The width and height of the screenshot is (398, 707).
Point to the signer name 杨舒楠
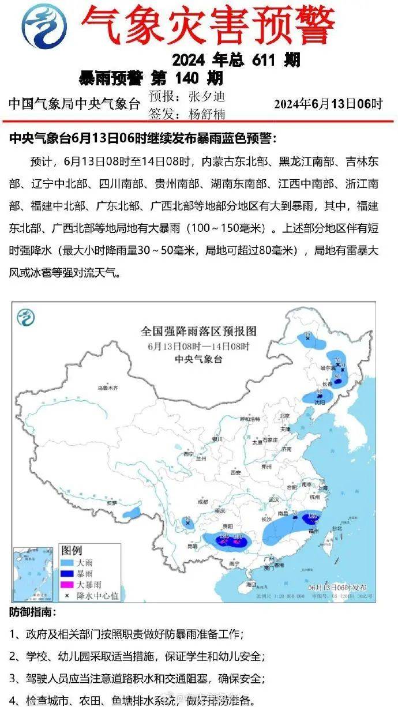click(206, 114)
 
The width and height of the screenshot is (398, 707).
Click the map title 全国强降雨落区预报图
click(198, 332)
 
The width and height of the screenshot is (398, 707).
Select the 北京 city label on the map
click(284, 416)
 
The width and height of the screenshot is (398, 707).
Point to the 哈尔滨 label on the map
click(326, 367)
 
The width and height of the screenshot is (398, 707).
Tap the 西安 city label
click(235, 472)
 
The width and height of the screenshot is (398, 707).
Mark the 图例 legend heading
click(72, 550)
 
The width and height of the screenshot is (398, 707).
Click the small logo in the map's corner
click(26, 316)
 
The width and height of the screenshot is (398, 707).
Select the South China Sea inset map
click(33, 571)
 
